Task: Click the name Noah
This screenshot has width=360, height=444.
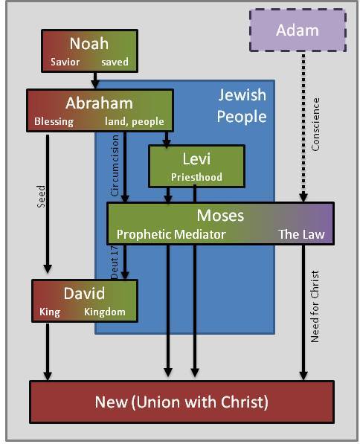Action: tap(89, 43)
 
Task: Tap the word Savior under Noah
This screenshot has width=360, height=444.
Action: tap(65, 62)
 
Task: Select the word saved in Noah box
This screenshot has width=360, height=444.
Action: tap(115, 62)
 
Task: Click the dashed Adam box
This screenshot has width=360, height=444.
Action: tap(297, 30)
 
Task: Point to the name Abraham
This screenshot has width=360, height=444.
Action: tap(99, 103)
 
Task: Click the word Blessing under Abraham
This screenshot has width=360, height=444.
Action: tap(54, 122)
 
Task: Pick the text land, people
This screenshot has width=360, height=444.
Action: tap(137, 122)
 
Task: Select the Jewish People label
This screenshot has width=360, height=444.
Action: tap(242, 106)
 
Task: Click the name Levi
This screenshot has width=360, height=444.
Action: tap(197, 158)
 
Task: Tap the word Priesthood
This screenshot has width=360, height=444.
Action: tap(197, 177)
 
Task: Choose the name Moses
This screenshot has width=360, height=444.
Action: tap(220, 216)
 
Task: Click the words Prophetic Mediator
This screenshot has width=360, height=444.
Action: tap(171, 234)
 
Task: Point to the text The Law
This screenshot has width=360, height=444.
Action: tap(301, 234)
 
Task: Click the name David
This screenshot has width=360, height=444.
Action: tap(84, 293)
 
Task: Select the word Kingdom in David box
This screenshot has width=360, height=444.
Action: tap(104, 312)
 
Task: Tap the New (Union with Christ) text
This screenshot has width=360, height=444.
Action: tap(181, 402)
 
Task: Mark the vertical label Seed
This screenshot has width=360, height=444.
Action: tap(42, 196)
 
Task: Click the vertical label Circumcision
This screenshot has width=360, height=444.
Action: tap(115, 170)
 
